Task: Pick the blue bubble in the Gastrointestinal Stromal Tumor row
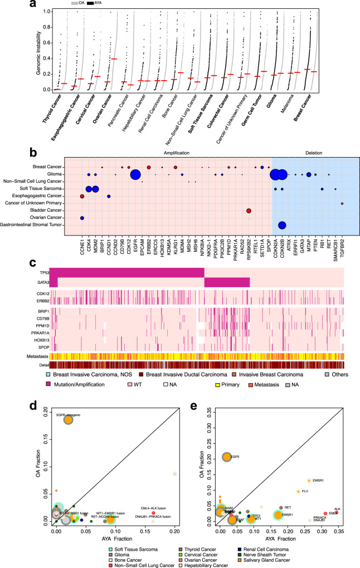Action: pos(282,224)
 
